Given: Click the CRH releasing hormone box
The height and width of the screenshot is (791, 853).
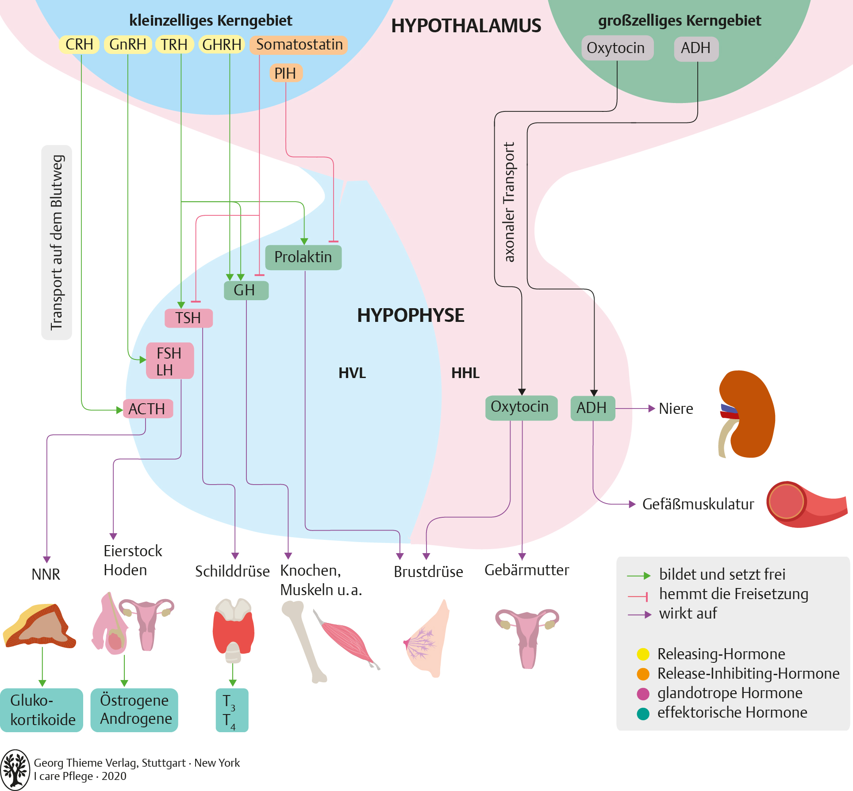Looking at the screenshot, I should coord(79,45).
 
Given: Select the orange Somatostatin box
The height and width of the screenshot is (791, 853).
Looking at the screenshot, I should coord(299,45).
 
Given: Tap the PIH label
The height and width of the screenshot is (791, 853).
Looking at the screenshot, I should coord(285,73).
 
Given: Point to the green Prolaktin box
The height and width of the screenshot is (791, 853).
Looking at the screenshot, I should coord(303,257).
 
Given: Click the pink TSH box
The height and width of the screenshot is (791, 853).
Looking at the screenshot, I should coord(188,318).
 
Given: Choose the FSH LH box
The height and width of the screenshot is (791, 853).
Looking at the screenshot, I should coord(170,361).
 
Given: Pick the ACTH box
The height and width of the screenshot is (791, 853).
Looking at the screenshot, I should coord(147,409).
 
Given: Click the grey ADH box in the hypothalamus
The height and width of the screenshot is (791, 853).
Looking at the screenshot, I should coord(695,48).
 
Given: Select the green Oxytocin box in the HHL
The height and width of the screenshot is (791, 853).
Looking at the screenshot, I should coord(520,407).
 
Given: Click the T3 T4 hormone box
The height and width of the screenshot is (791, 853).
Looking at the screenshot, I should coord(231,710).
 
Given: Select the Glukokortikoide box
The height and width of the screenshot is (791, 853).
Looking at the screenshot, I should coord(42,710).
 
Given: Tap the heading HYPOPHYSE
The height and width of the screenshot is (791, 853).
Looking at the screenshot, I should coord(410,315).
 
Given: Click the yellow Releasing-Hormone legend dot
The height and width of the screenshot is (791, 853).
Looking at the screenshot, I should coord(642,654).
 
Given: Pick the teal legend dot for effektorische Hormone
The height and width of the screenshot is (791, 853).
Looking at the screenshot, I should coord(642,713).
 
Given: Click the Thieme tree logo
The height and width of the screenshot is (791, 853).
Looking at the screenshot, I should coord(15,770).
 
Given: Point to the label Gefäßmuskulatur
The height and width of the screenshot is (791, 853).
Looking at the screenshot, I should coord(698,504).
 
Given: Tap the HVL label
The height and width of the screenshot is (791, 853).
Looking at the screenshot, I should coord(352,373).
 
